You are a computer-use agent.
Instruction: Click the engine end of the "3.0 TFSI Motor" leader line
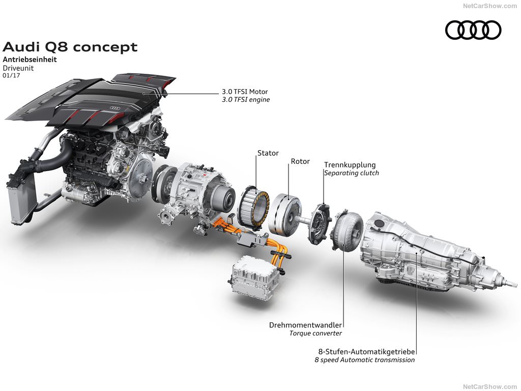tap(143, 94)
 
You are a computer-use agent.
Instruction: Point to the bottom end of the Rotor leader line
tap(288, 199)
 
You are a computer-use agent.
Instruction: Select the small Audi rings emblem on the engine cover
tap(114, 108)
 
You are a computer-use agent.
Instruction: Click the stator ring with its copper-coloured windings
tap(253, 208)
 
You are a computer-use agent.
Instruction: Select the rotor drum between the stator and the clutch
tap(285, 214)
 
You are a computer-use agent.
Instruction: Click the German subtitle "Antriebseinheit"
tap(30, 60)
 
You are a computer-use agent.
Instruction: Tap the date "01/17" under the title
tap(11, 75)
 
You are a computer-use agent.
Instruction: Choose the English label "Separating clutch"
tap(352, 173)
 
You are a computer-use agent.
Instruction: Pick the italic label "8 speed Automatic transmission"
tap(365, 360)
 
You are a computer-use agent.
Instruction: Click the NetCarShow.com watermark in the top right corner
tap(490, 6)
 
